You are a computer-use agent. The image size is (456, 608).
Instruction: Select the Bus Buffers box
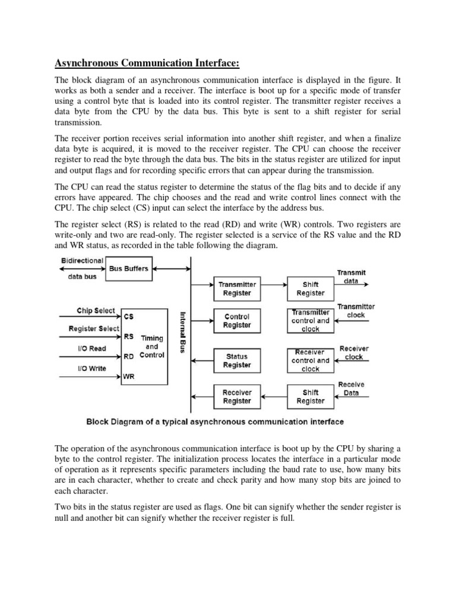tap(128, 268)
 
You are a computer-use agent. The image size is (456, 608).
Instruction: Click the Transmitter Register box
tap(237, 289)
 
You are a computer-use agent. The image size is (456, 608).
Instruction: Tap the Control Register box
tap(237, 321)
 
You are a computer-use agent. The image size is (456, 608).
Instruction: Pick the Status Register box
tap(237, 360)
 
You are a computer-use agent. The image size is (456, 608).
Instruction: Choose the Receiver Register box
tap(237, 397)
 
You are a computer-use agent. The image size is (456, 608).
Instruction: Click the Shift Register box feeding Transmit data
tap(311, 289)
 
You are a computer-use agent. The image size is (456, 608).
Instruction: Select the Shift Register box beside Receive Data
tap(311, 397)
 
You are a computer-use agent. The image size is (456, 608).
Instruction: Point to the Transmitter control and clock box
tap(311, 321)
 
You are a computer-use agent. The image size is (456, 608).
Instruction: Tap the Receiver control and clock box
tap(311, 360)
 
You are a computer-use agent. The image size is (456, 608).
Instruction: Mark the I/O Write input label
tap(91, 368)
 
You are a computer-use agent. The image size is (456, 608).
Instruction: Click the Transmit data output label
tap(351, 277)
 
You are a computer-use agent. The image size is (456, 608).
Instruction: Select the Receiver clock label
tap(354, 353)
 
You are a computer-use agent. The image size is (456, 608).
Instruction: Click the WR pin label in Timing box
tap(129, 376)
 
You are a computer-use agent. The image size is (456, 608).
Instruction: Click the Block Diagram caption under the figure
tap(215, 422)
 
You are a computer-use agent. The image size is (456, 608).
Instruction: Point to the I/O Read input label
tap(91, 348)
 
